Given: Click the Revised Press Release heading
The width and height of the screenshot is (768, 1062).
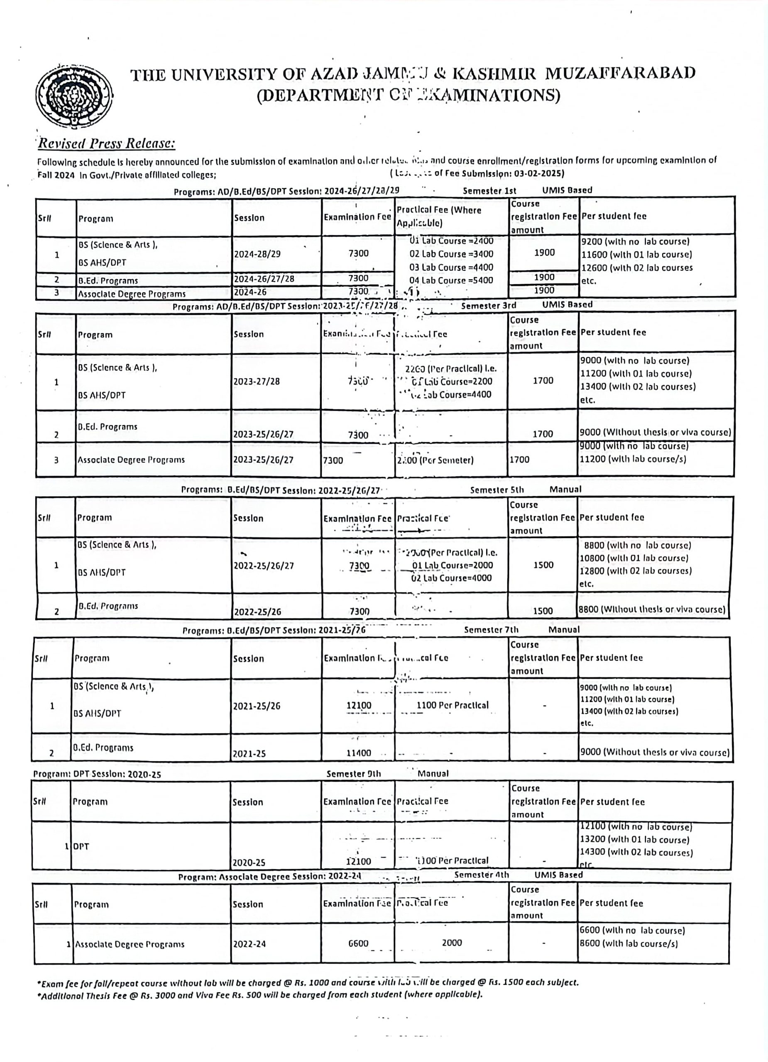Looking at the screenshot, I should coord(106,143).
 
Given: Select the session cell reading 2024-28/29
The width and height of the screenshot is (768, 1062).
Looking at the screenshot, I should coord(259,254).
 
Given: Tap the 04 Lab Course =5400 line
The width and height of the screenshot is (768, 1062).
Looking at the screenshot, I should coord(451,280).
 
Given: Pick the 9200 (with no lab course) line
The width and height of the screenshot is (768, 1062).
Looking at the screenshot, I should coord(635,241).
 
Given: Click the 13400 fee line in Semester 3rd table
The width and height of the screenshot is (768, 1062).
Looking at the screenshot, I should coord(638,387).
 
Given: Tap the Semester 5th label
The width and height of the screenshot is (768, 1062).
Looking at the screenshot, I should coord(497,490).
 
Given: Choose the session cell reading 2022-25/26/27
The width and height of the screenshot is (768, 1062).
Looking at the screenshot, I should coord(264,566).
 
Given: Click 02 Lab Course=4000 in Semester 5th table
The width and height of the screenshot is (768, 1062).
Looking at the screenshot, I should coord(451,578).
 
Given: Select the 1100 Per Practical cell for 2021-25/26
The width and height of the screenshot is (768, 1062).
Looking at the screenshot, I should coord(452,705).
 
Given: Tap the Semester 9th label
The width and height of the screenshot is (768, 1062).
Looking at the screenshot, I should coord(353,774).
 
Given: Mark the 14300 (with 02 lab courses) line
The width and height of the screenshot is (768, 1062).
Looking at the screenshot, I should coord(636,853).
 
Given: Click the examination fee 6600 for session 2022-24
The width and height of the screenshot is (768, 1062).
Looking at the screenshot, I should coord(358,943).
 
